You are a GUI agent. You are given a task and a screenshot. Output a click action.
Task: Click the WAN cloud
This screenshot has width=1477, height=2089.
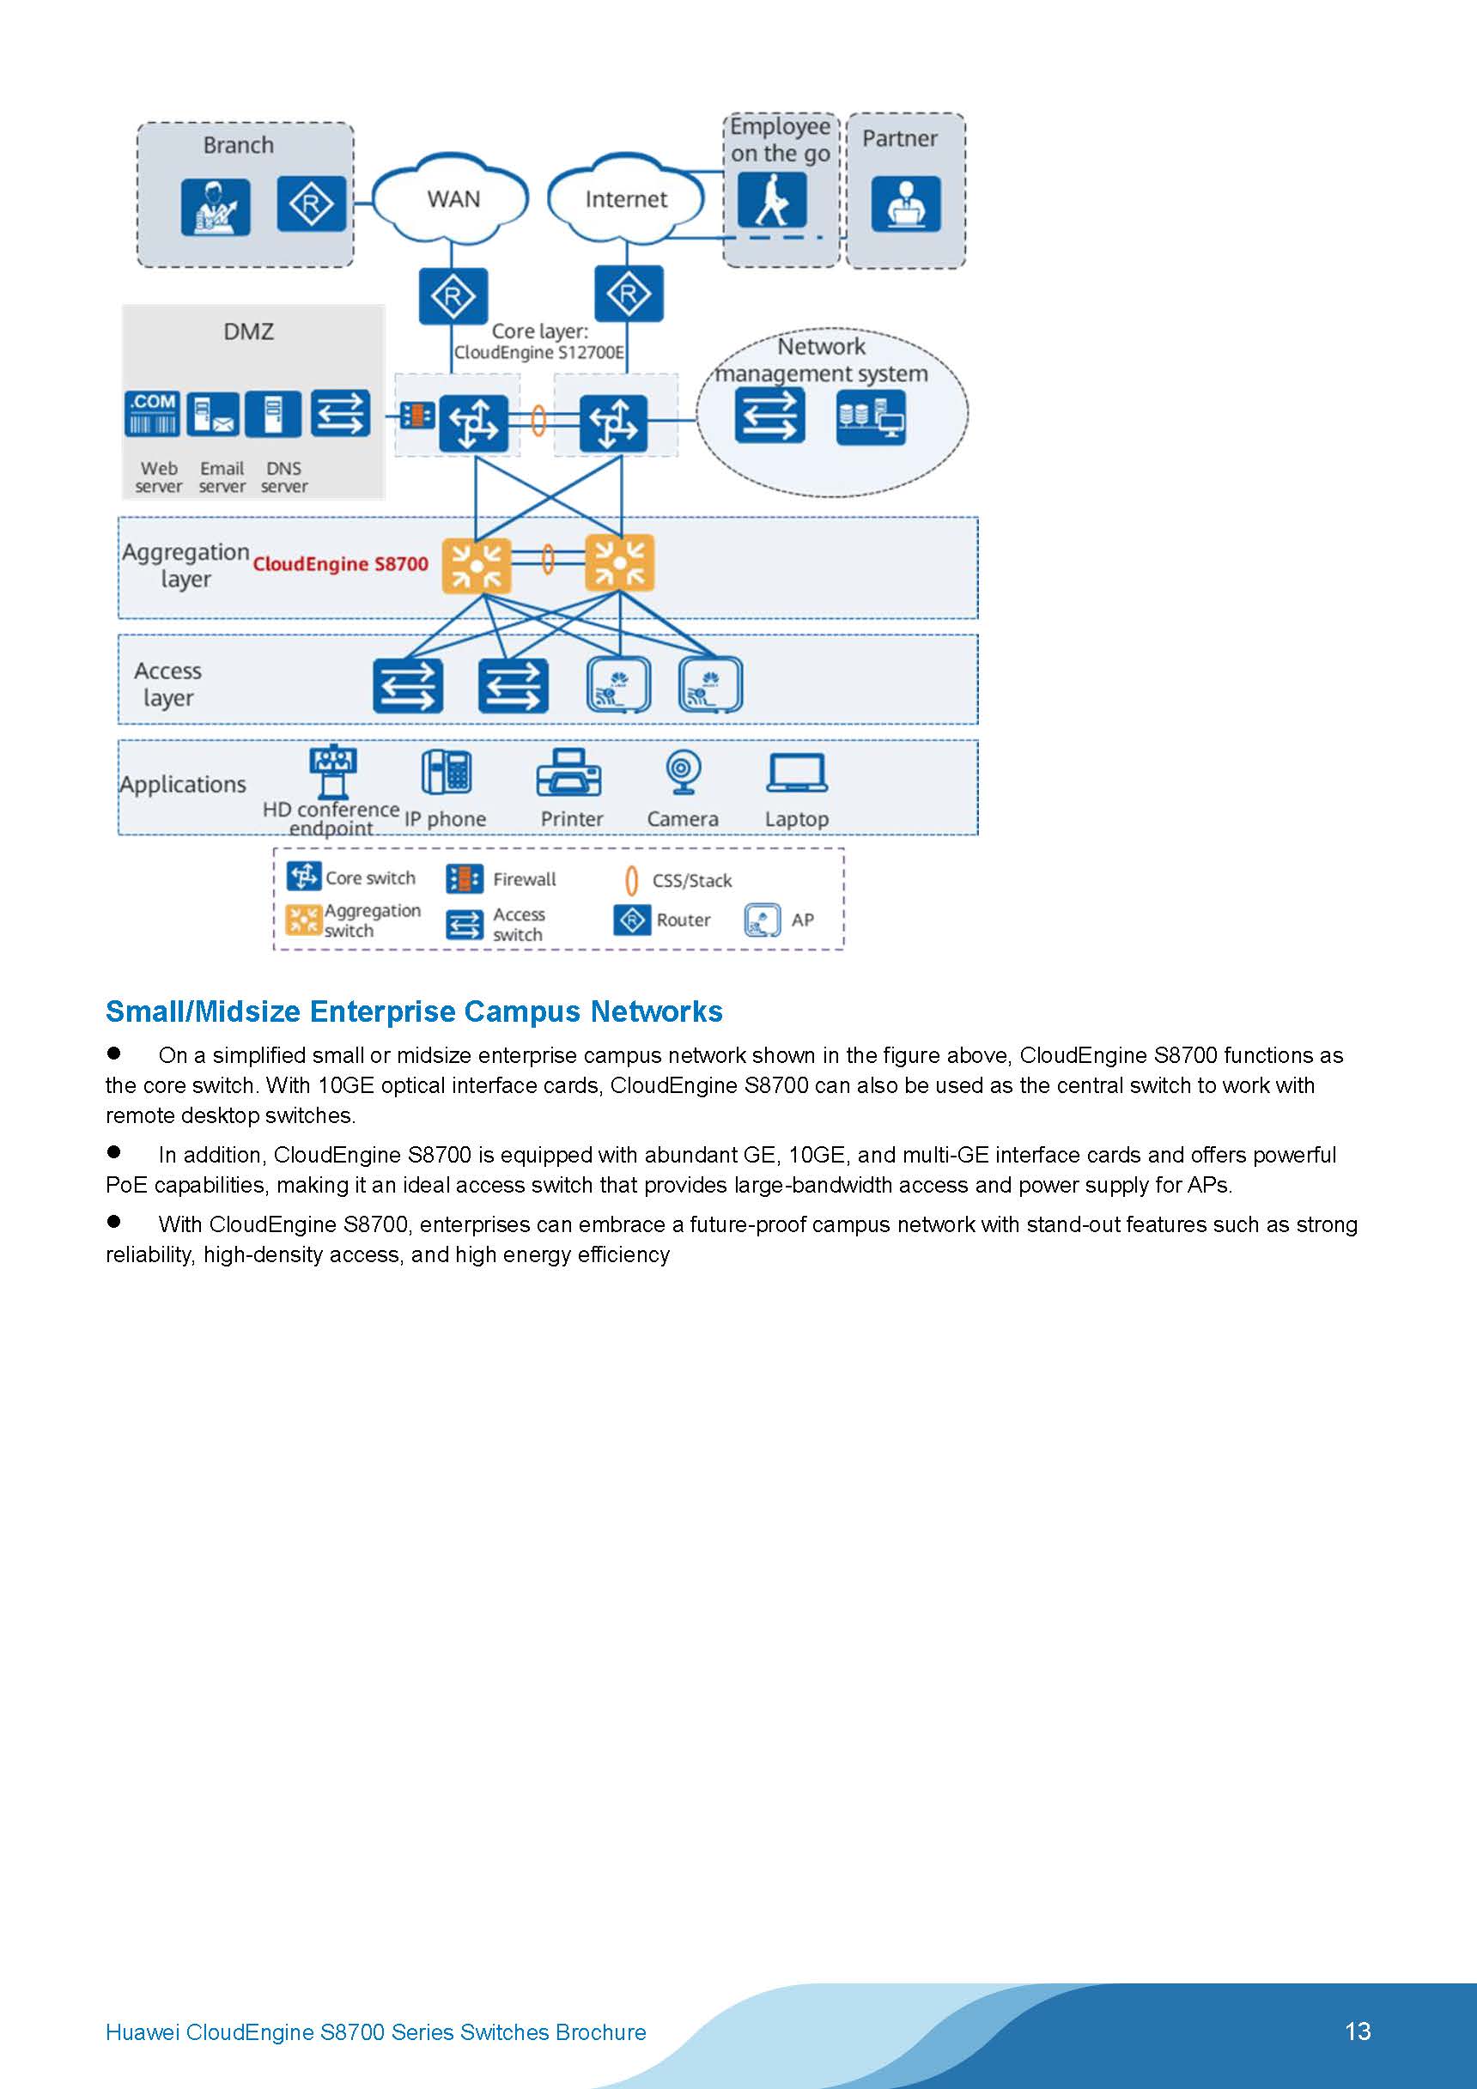click(x=453, y=198)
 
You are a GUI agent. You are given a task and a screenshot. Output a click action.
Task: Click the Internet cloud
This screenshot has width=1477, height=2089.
click(x=625, y=198)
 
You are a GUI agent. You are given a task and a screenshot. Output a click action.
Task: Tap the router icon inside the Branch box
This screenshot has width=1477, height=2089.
click(x=311, y=203)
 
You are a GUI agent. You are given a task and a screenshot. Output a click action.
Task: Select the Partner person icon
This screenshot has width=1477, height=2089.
click(x=905, y=203)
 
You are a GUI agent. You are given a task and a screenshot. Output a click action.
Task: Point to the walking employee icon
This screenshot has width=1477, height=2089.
click(x=772, y=199)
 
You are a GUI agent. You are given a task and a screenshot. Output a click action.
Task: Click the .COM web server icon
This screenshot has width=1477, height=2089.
click(x=152, y=415)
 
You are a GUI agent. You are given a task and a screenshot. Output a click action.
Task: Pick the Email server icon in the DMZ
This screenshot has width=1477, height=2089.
click(x=213, y=415)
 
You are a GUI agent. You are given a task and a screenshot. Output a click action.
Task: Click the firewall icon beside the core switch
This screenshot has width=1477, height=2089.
click(x=416, y=416)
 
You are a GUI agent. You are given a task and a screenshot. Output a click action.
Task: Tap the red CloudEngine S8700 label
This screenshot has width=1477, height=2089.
click(x=340, y=564)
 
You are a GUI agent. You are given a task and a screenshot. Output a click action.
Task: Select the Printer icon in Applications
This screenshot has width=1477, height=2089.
click(x=568, y=774)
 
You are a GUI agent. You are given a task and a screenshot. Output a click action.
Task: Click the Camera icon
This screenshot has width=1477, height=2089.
click(x=681, y=774)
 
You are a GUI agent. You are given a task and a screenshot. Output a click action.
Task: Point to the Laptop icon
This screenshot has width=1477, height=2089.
click(x=796, y=774)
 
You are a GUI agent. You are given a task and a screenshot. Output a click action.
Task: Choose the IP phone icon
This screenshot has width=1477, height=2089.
click(x=446, y=774)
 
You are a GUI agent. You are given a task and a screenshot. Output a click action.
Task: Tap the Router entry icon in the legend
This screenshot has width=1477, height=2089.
click(x=631, y=920)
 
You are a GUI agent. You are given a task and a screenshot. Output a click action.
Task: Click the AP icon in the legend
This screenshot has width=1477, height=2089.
click(x=762, y=920)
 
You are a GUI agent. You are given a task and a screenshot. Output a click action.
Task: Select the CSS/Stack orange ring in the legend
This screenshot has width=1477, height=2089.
click(x=631, y=881)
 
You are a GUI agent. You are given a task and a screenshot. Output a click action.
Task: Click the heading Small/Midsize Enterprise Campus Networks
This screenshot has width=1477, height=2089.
click(x=414, y=1011)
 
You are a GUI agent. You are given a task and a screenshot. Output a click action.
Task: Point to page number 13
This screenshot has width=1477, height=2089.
click(x=1357, y=2031)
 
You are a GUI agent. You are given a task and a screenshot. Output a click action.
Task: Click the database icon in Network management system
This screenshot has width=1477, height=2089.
click(x=870, y=416)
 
